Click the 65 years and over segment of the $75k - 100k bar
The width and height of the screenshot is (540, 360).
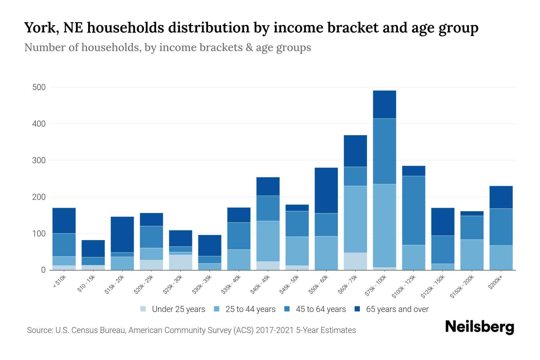tap(384, 104)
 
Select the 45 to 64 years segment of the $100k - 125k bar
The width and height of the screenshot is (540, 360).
tap(413, 210)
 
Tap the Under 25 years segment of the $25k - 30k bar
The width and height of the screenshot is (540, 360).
tap(181, 262)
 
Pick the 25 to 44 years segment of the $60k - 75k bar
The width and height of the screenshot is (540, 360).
tap(355, 219)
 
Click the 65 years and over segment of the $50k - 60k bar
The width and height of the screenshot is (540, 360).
tap(326, 190)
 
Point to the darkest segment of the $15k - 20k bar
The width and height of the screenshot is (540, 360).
tap(122, 234)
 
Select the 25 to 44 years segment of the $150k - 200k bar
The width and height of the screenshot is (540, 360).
tap(472, 254)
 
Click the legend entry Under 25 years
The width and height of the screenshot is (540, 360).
tap(178, 309)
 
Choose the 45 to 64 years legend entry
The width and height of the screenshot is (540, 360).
tap(320, 309)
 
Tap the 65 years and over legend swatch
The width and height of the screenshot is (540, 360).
tap(357, 309)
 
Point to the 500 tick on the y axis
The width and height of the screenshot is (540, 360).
tap(39, 87)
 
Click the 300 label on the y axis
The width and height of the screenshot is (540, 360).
tap(39, 160)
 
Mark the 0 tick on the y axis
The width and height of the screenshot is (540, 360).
tap(43, 270)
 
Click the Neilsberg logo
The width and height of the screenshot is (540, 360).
tap(479, 327)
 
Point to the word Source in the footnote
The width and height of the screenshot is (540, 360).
tap(40, 330)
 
